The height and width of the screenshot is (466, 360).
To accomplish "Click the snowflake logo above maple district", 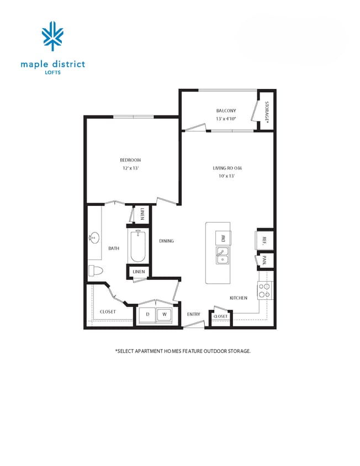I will (53, 36).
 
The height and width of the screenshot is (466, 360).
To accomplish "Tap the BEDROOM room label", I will (130, 160).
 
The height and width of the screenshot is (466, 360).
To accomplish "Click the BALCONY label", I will (226, 111).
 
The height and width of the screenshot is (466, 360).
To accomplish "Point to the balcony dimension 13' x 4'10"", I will (226, 119).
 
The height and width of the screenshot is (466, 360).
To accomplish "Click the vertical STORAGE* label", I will (267, 112).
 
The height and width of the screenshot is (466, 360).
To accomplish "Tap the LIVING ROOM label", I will (228, 168).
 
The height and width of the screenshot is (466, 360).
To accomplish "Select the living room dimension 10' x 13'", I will (226, 176).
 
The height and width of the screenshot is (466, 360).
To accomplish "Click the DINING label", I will (166, 241).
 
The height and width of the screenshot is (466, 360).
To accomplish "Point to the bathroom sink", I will (93, 239).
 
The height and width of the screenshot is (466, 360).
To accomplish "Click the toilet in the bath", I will (96, 271).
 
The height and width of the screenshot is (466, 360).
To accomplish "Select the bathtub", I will (137, 246).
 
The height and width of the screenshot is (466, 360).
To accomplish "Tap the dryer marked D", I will (147, 315).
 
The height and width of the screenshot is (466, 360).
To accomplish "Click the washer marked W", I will (164, 315).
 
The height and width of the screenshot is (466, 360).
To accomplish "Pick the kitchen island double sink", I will (223, 256).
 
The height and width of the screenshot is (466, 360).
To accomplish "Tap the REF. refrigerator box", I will (264, 240).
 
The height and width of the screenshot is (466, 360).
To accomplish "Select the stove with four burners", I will (264, 290).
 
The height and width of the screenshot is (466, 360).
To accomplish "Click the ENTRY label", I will (193, 314).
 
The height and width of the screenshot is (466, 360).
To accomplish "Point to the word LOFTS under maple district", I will (53, 72).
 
